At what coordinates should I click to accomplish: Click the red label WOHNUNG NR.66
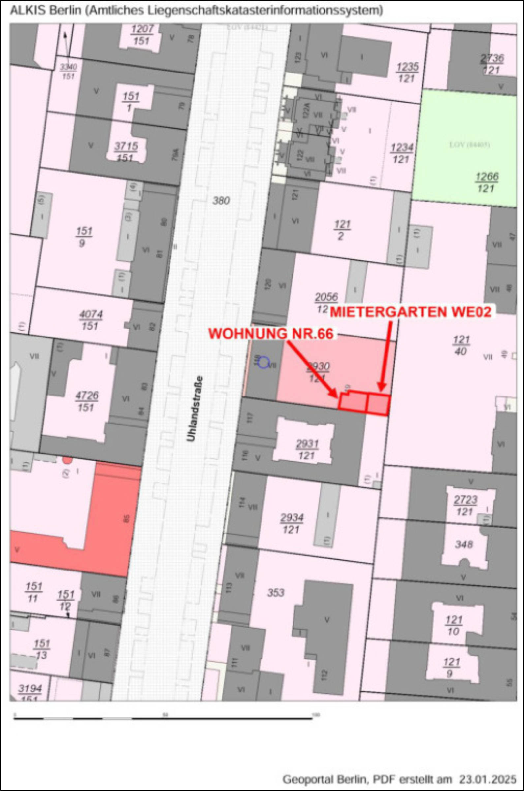click(271, 334)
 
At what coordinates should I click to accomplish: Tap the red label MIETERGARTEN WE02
click(411, 312)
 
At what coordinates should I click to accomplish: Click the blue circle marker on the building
click(263, 362)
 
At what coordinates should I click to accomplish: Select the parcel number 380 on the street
click(221, 201)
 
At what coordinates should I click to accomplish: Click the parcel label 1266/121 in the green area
click(487, 182)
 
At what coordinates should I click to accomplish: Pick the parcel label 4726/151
click(87, 401)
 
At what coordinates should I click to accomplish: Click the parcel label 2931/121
click(307, 450)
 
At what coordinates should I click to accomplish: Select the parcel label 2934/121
click(292, 524)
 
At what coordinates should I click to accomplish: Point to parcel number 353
click(276, 592)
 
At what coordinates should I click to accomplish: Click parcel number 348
click(464, 544)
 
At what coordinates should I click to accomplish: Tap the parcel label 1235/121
click(407, 73)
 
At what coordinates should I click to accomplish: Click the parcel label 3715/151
click(126, 152)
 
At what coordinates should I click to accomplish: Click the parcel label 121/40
click(461, 346)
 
